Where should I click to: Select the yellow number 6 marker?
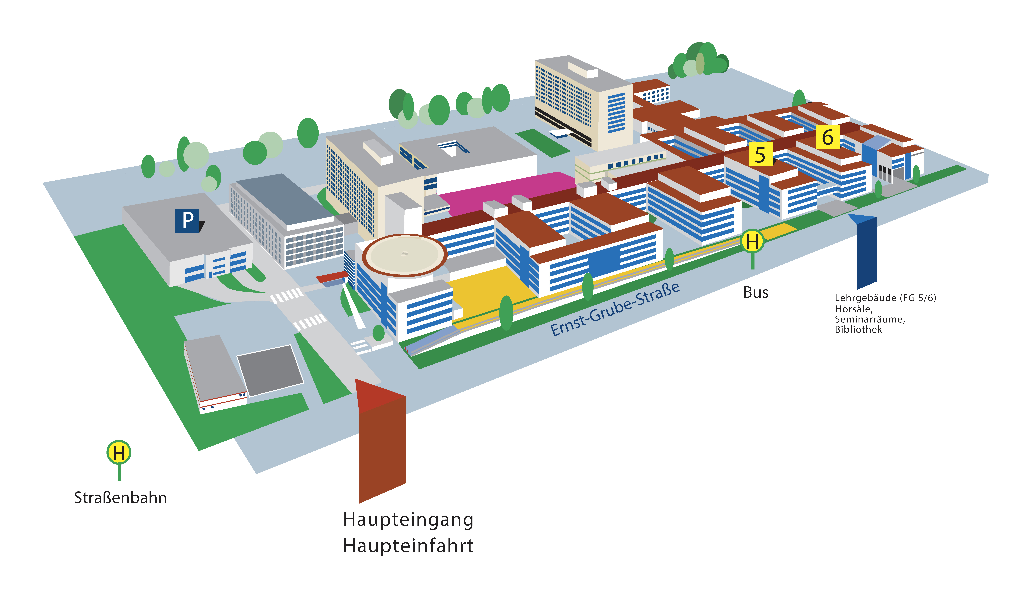coord(828,137)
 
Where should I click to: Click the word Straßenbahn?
coord(120,498)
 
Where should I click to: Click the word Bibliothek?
coord(858,329)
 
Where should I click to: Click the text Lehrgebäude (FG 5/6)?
coord(885,298)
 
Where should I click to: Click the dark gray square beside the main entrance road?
coord(270,370)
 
